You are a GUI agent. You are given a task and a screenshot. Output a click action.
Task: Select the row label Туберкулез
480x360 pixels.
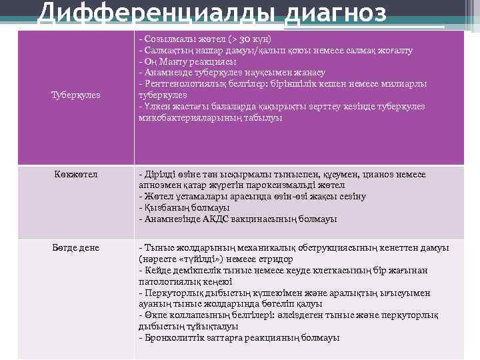click(75, 95)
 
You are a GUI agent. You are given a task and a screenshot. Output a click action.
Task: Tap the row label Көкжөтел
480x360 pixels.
click(76, 175)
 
